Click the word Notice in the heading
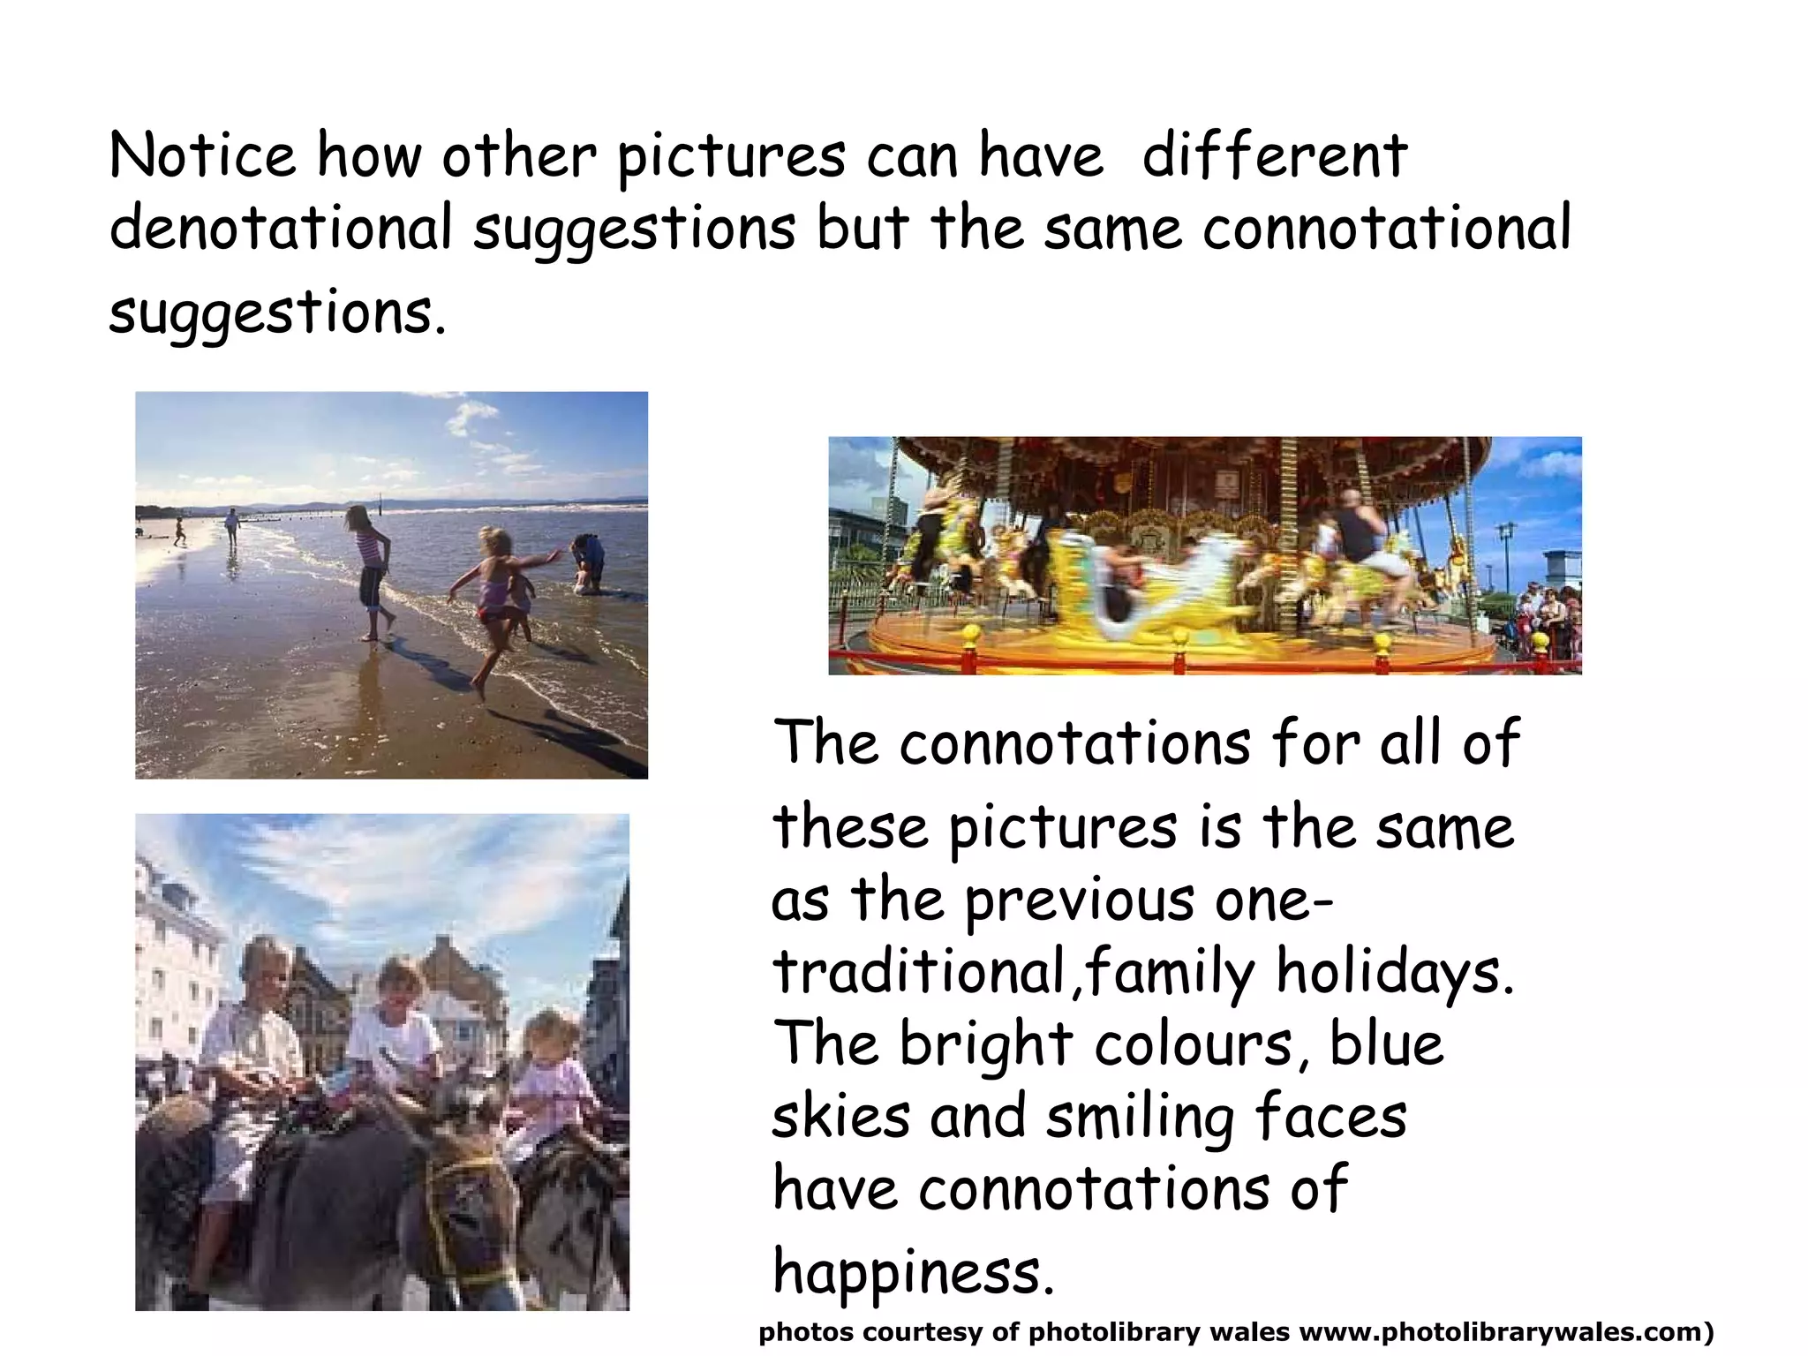[x=202, y=155]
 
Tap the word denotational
[x=281, y=228]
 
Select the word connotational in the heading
[x=1387, y=228]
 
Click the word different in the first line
[x=1274, y=155]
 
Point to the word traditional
[x=919, y=971]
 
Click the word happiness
[x=913, y=1271]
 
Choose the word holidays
[x=1395, y=971]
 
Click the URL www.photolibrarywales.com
[x=1501, y=1331]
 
